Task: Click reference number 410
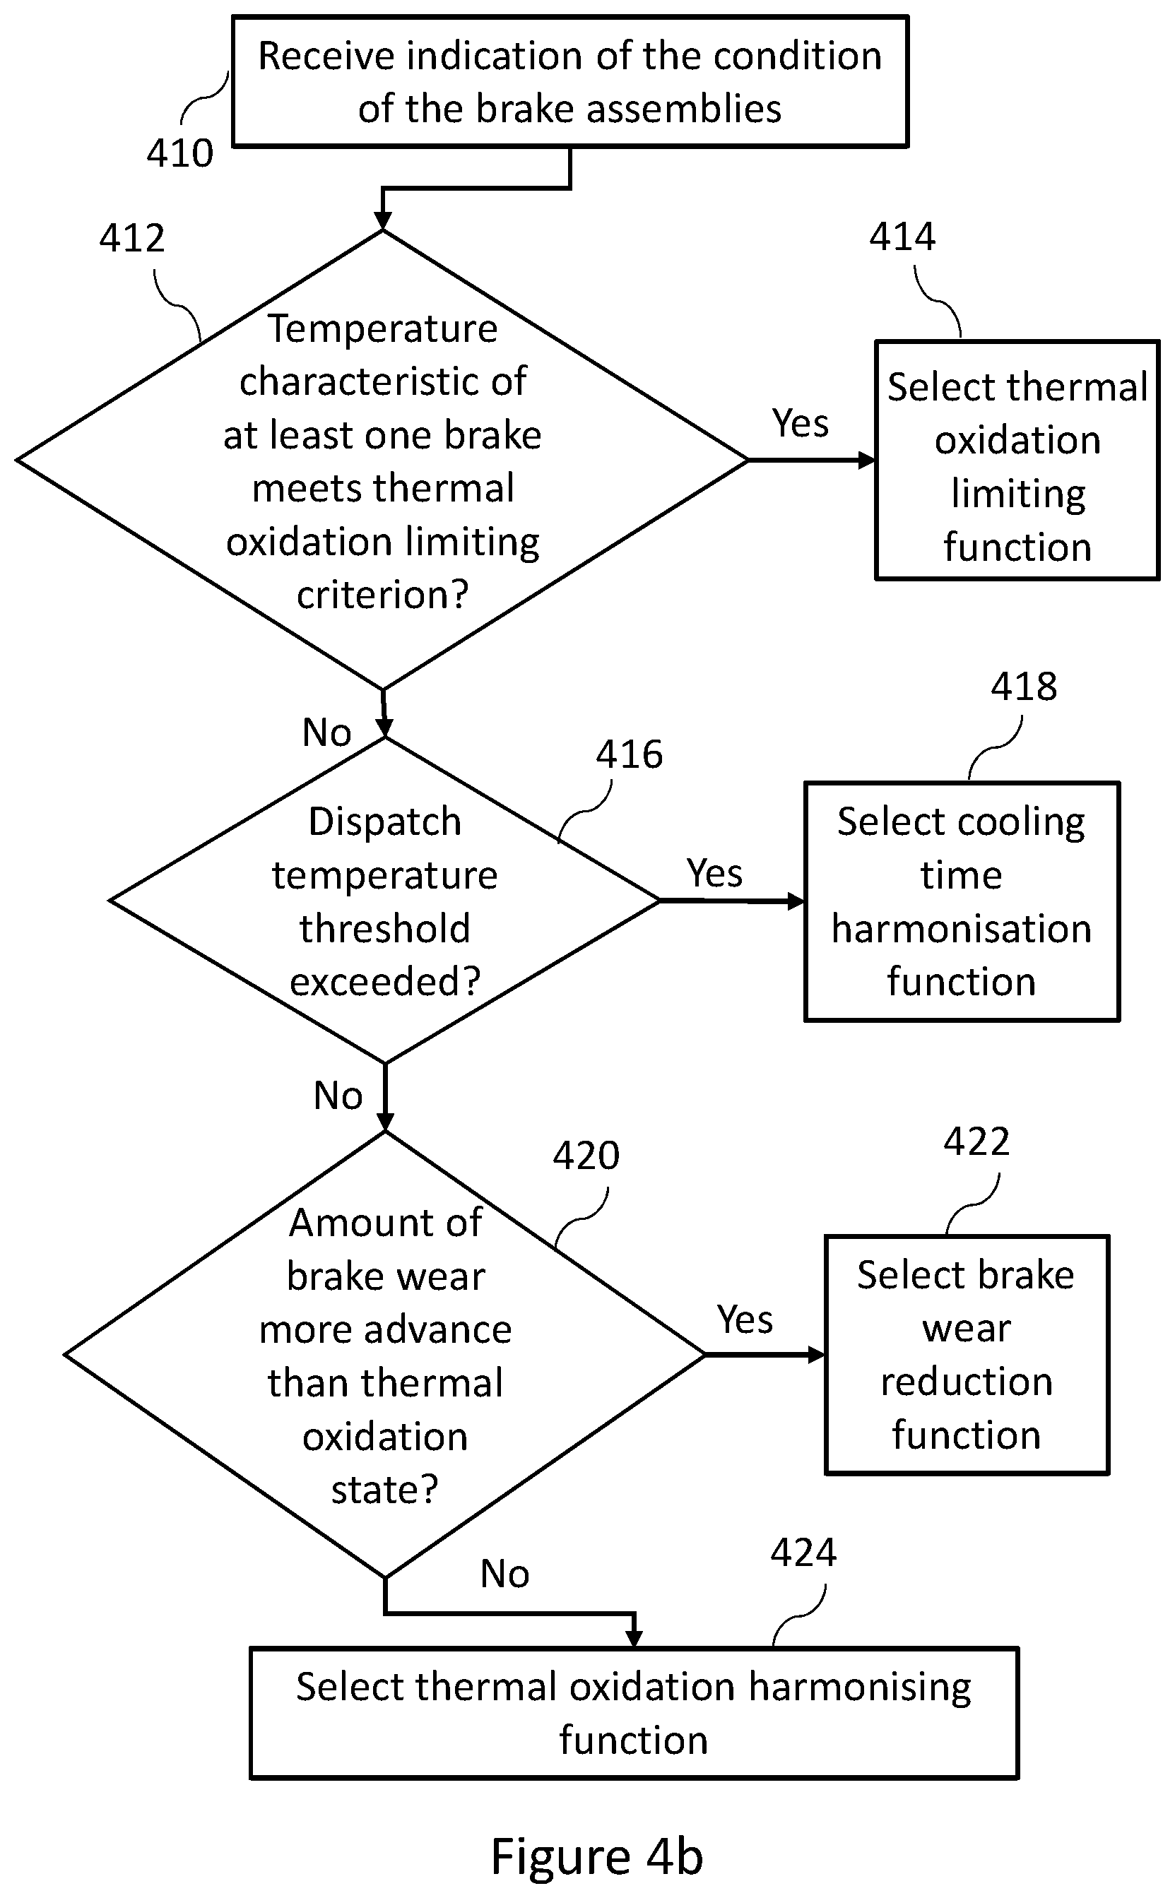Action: [179, 153]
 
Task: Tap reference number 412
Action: [131, 238]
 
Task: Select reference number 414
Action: [902, 236]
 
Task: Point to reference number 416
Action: [630, 754]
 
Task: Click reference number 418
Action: [1024, 686]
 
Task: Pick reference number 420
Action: [586, 1156]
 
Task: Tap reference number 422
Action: [977, 1141]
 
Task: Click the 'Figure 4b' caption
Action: [597, 1856]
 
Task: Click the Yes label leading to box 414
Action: [801, 423]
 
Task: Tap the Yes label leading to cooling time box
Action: [715, 872]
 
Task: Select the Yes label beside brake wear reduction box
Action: [745, 1319]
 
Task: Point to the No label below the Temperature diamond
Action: [326, 732]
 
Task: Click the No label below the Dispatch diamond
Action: [338, 1096]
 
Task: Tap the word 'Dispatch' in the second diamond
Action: [384, 822]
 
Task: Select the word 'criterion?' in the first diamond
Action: [383, 595]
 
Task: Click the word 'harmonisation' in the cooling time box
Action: [962, 928]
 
